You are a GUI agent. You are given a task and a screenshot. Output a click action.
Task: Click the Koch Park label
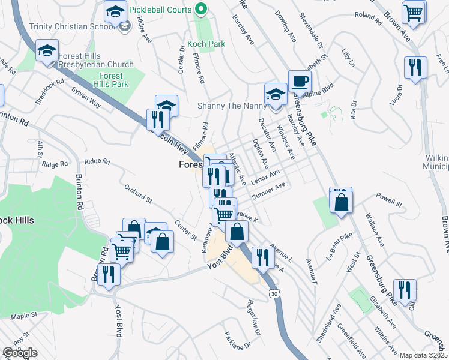click(x=206, y=44)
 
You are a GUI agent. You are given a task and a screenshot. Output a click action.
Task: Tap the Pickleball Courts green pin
click(x=202, y=10)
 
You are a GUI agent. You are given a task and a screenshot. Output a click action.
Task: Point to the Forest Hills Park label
click(x=112, y=80)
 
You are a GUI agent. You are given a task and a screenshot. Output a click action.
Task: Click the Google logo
click(x=20, y=353)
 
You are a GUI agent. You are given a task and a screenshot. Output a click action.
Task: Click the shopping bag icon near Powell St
click(x=341, y=202)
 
